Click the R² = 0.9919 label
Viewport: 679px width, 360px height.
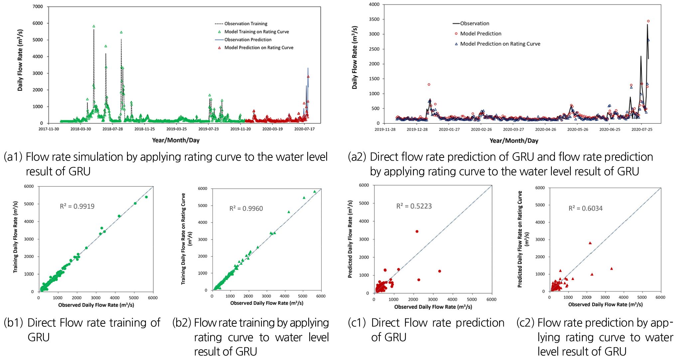coord(77,206)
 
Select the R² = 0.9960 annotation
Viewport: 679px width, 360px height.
coord(246,208)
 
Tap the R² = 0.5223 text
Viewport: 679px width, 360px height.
coord(414,206)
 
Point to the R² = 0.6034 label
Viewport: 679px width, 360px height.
coord(585,208)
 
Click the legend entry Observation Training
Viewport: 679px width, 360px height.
coord(246,24)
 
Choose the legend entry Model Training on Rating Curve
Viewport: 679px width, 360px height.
coord(256,32)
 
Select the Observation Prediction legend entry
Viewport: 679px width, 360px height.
coord(248,40)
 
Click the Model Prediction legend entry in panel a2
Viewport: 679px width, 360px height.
coord(480,34)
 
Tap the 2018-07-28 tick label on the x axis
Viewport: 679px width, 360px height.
coord(112,129)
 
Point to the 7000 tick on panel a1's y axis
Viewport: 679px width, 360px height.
coord(38,7)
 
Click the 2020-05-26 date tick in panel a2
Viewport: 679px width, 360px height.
coord(578,129)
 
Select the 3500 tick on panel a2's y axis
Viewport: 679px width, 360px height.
coord(374,19)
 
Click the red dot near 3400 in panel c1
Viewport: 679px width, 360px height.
coord(417,231)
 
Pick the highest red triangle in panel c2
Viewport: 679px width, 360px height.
coord(590,243)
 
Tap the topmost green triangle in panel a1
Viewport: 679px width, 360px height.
coord(94,26)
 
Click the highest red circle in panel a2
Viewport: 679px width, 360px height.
coord(648,21)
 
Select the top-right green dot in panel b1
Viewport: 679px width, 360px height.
coord(146,197)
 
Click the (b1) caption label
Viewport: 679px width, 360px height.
coord(13,323)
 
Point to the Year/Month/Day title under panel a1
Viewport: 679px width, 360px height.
coord(176,140)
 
